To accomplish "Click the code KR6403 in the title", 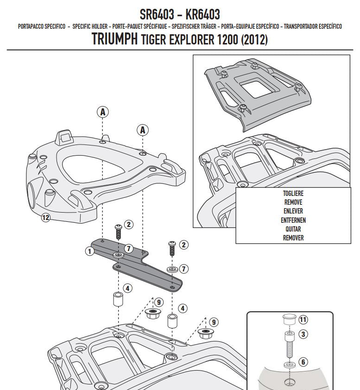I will [x=202, y=13].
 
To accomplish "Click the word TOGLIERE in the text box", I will [x=294, y=194].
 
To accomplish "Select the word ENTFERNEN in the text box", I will [x=294, y=220].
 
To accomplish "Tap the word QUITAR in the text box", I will [x=294, y=229].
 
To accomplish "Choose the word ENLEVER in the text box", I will [x=294, y=211].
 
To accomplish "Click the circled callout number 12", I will [x=45, y=217].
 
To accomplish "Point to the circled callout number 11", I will [x=303, y=319].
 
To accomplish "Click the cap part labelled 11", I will [x=289, y=320].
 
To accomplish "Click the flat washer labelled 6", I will [x=289, y=364].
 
